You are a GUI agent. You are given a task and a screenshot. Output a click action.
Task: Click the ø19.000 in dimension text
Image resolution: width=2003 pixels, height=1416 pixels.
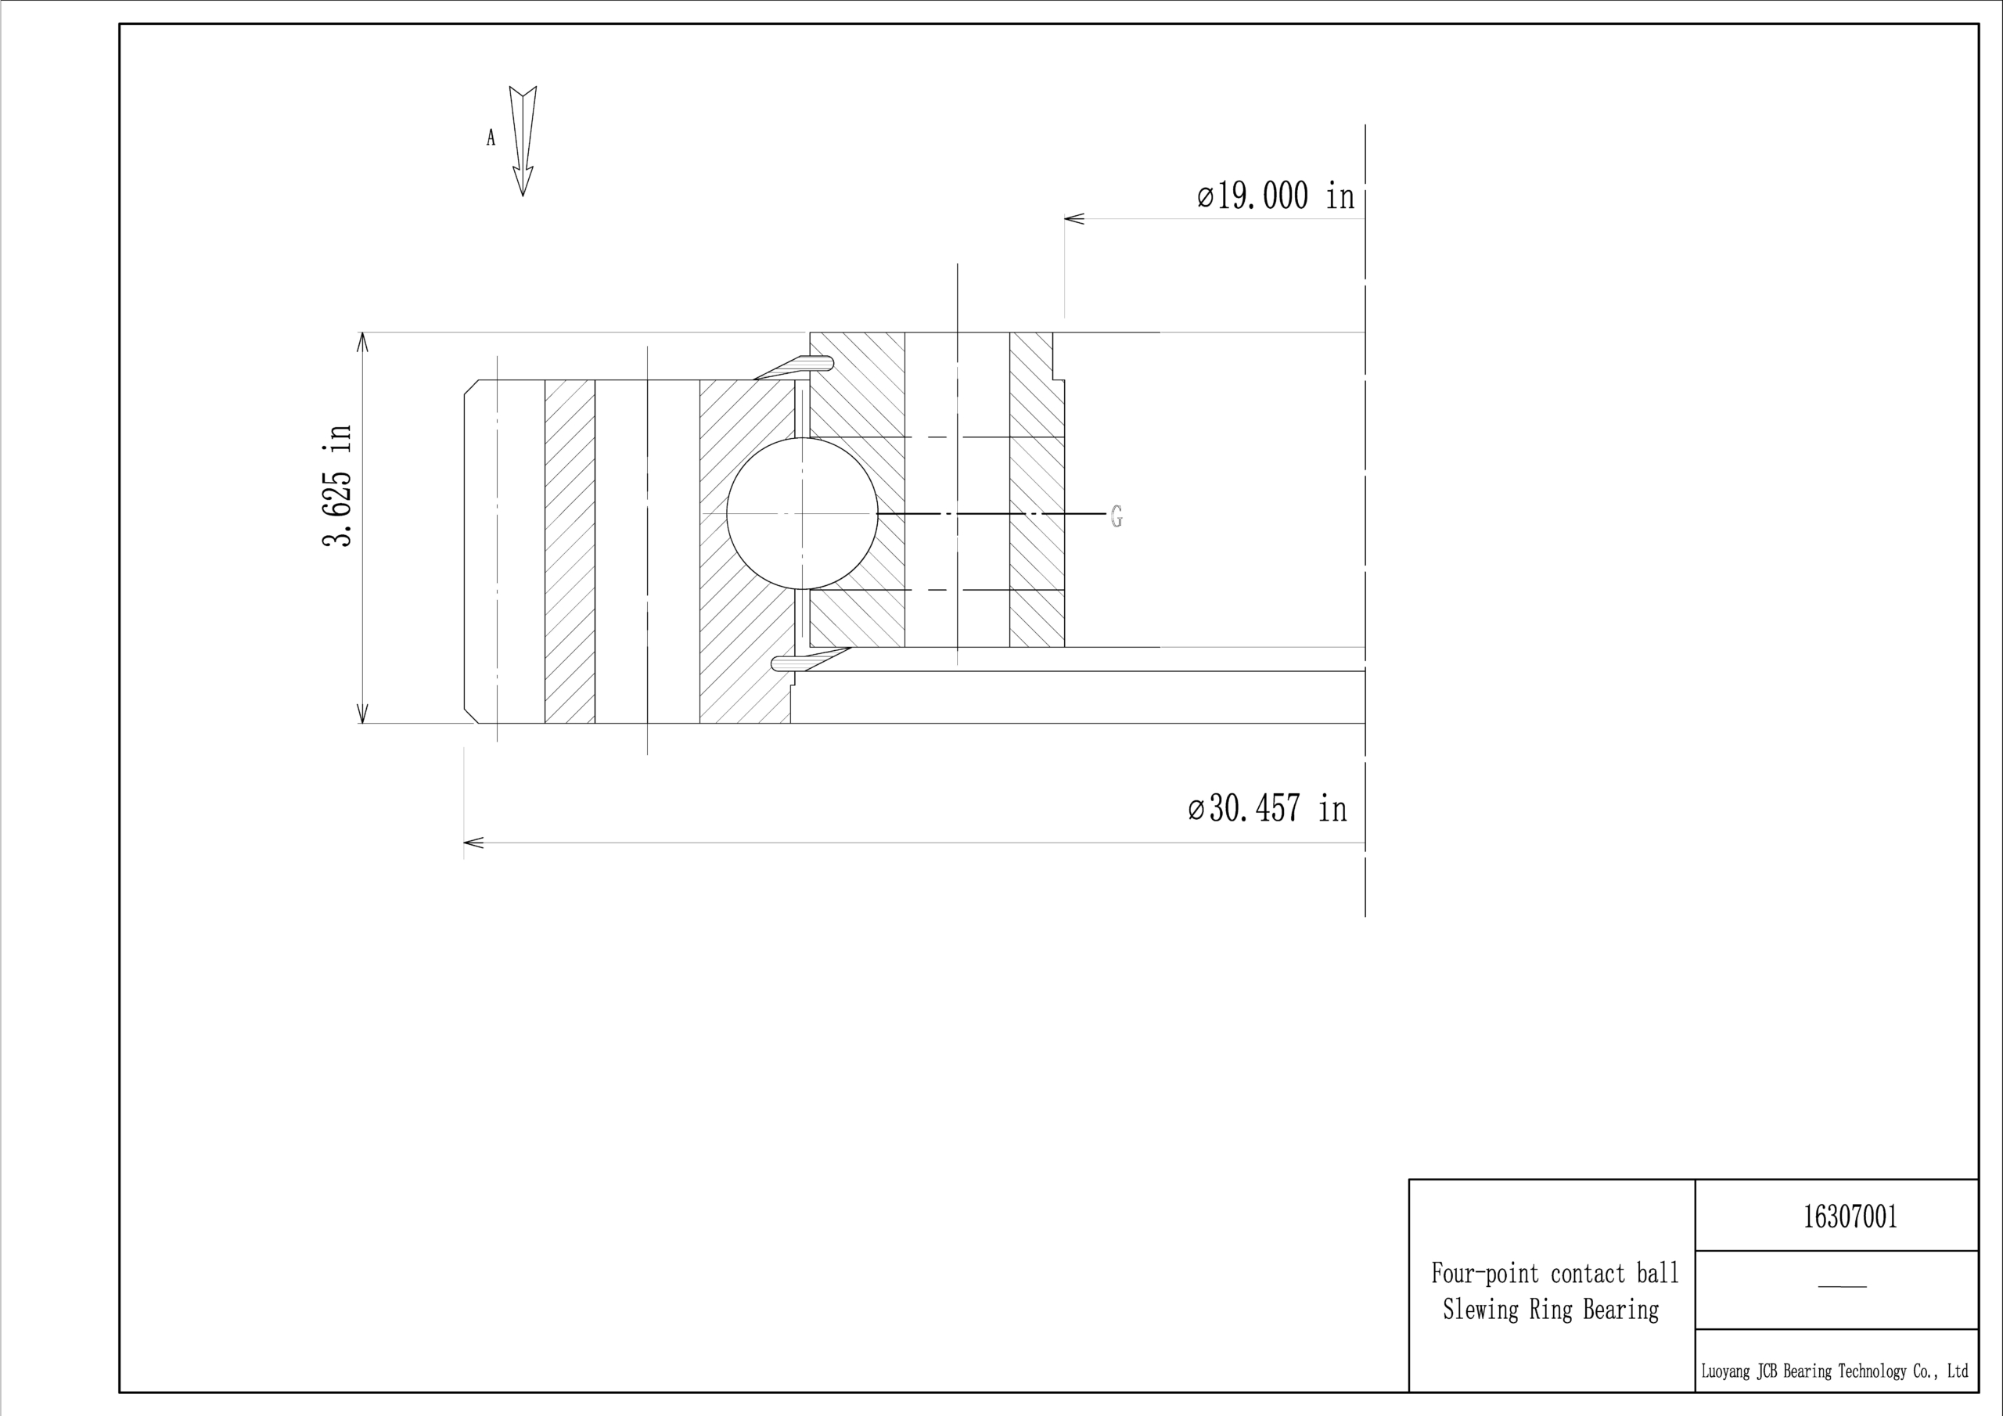pyautogui.click(x=1275, y=196)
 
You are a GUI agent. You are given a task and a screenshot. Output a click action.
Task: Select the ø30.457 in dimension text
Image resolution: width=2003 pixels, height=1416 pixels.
pyautogui.click(x=1268, y=808)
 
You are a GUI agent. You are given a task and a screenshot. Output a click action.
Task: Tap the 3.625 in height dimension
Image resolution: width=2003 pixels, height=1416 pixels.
pyautogui.click(x=337, y=486)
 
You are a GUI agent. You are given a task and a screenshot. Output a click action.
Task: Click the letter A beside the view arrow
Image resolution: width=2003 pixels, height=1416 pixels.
pyautogui.click(x=491, y=138)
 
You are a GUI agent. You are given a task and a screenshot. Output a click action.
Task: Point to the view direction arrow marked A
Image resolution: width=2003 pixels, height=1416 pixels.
pyautogui.click(x=523, y=141)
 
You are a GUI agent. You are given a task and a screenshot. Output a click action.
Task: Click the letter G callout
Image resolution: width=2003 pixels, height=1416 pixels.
pyautogui.click(x=1117, y=516)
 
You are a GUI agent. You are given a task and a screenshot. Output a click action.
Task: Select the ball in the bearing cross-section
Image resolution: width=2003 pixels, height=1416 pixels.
pyautogui.click(x=802, y=514)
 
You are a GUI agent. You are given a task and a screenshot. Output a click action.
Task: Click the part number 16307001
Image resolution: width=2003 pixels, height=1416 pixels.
pyautogui.click(x=1850, y=1217)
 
